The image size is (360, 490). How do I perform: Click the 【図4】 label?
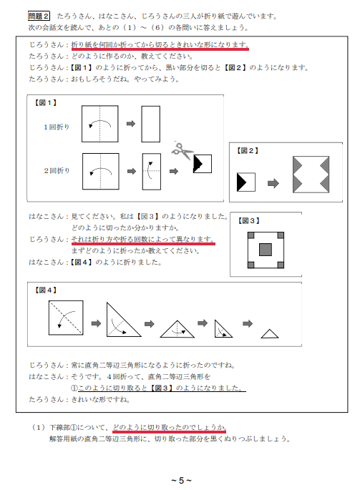pyautogui.click(x=47, y=290)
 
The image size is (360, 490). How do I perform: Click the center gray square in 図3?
pyautogui.click(x=266, y=250)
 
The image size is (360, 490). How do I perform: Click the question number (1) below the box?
pyautogui.click(x=39, y=427)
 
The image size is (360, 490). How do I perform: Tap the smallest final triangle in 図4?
pyautogui.click(x=269, y=334)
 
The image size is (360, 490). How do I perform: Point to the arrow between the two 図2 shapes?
pyautogui.click(x=273, y=183)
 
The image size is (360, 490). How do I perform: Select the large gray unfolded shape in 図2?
pyautogui.click(x=311, y=175)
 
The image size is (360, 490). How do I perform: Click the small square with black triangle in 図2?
pyautogui.click(x=245, y=183)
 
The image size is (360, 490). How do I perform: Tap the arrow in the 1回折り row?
pyautogui.click(x=130, y=124)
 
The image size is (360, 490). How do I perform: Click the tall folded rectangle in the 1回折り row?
pyautogui.click(x=151, y=124)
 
